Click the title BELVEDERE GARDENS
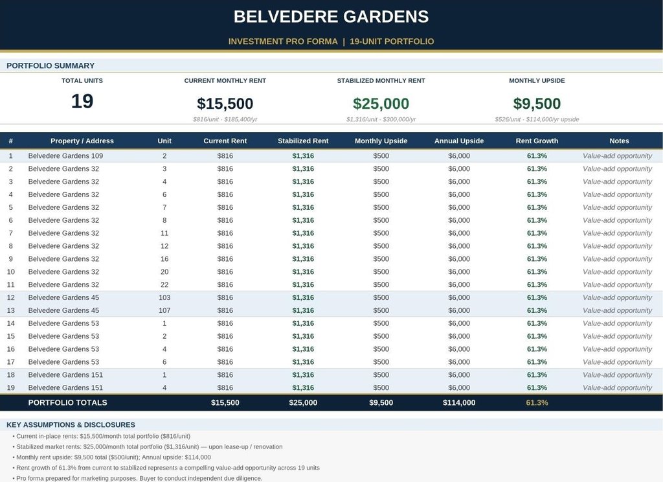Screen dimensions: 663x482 [331, 16]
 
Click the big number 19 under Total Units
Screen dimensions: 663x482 [82, 101]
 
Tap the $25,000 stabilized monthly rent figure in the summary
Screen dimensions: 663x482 [381, 104]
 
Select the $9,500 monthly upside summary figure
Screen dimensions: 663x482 [537, 104]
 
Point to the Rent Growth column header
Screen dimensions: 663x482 [537, 141]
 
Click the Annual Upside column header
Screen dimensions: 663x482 [459, 141]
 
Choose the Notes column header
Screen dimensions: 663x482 [619, 141]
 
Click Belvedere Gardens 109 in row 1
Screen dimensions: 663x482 [65, 155]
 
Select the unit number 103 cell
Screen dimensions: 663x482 [164, 297]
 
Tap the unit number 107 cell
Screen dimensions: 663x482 [164, 310]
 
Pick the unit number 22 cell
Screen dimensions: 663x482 [164, 284]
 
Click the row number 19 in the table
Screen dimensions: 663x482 [10, 387]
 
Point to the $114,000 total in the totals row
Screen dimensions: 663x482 [459, 402]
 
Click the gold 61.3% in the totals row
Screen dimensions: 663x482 [537, 402]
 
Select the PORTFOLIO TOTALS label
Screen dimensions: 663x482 [67, 402]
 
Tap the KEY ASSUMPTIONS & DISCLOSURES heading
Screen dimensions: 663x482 [71, 424]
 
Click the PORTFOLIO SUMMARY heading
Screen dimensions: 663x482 [51, 65]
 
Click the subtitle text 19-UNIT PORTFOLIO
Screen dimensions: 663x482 [392, 41]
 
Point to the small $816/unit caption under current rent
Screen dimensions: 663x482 [206, 119]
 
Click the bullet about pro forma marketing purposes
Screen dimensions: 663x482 [137, 478]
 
